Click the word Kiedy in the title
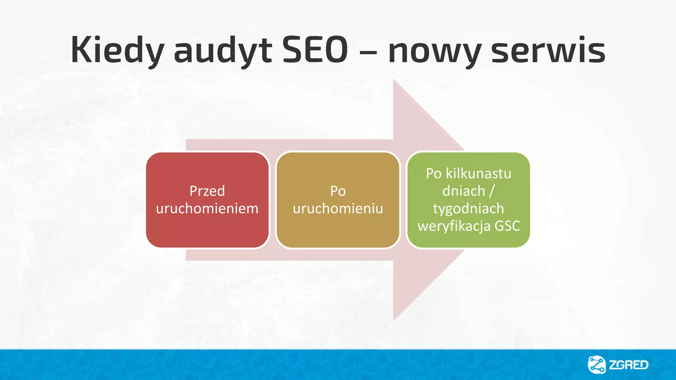tap(117, 50)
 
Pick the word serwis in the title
tap(548, 50)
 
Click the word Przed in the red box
tap(207, 191)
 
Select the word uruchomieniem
tap(207, 208)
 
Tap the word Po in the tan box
tap(338, 191)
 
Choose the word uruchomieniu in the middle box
tap(338, 208)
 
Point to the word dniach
tap(464, 191)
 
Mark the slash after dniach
tap(492, 191)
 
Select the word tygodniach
tap(468, 209)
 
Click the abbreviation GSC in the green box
tap(507, 226)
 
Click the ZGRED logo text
tap(628, 365)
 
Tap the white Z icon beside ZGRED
tap(597, 365)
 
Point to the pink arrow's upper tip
tap(394, 80)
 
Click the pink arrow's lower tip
tap(394, 319)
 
